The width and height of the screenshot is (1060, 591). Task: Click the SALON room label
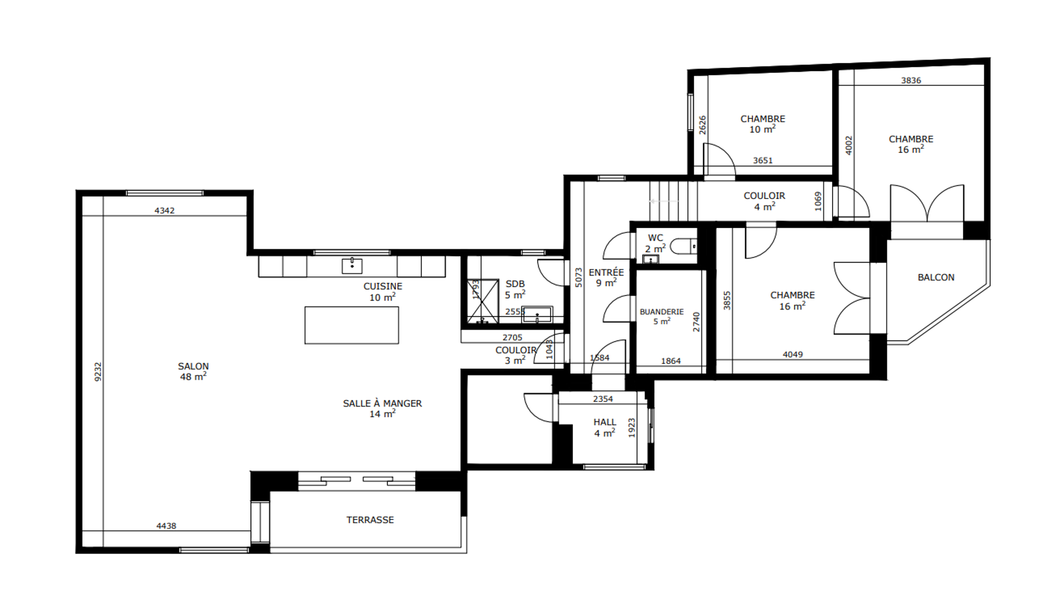[x=193, y=366]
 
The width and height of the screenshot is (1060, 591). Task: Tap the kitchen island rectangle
[x=351, y=325]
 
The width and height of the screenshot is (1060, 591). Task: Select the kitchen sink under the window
[x=352, y=265]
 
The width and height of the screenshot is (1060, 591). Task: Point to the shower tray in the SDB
[x=483, y=301]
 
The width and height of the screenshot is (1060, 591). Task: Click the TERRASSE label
[x=370, y=520]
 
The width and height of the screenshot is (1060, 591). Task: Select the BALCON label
[x=936, y=278]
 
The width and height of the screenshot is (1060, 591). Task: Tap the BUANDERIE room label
[x=662, y=312]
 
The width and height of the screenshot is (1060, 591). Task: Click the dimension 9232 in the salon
[x=98, y=372]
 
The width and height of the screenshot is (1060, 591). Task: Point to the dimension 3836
[x=911, y=80]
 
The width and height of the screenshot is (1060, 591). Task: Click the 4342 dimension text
[x=164, y=211]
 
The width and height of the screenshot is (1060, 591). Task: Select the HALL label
[x=605, y=422]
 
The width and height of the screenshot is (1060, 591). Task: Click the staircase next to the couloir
[x=673, y=201]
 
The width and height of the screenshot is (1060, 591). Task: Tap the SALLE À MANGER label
[x=382, y=403]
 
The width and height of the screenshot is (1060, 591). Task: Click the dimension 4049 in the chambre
[x=793, y=354]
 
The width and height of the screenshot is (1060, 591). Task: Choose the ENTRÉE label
[x=606, y=272]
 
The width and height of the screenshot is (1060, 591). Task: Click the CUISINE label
[x=383, y=286]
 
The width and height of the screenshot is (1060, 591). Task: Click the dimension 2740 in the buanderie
[x=696, y=322]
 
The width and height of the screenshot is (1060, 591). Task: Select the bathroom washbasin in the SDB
[x=537, y=315]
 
